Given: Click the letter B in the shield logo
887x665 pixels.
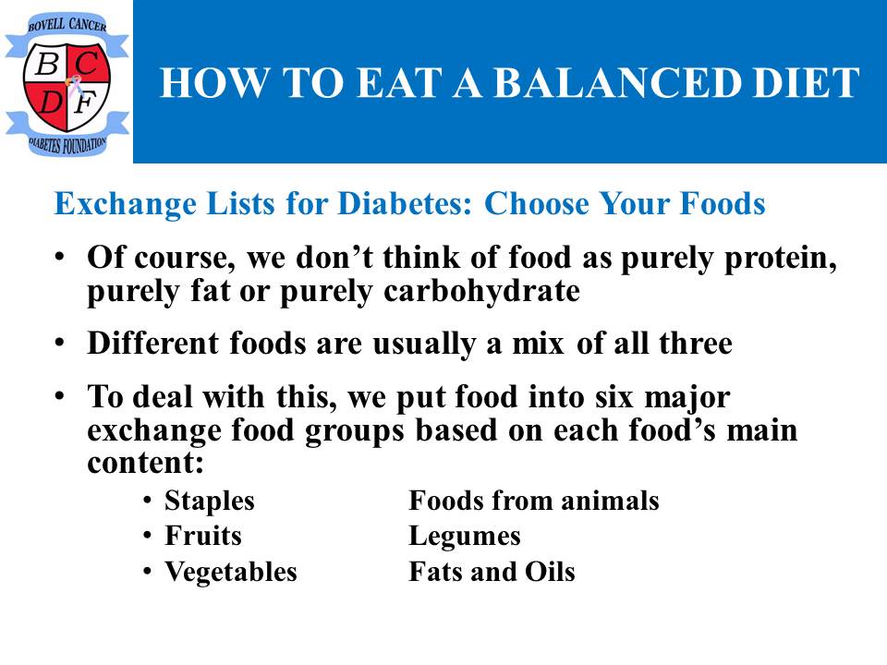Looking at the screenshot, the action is [47, 64].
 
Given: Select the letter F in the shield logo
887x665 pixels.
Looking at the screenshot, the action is [86, 103].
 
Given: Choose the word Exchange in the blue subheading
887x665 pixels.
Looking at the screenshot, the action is [125, 205].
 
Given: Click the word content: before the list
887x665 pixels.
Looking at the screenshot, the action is [145, 463].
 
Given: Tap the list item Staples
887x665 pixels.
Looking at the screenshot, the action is [210, 502].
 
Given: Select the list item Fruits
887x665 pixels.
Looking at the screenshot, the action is [203, 536].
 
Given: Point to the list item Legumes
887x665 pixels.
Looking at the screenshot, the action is [465, 537].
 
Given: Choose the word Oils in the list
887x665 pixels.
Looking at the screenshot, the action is [550, 571].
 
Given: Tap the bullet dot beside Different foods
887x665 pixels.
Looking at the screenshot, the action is [59, 344].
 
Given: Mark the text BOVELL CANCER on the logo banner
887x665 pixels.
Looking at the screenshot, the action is [67, 24].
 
